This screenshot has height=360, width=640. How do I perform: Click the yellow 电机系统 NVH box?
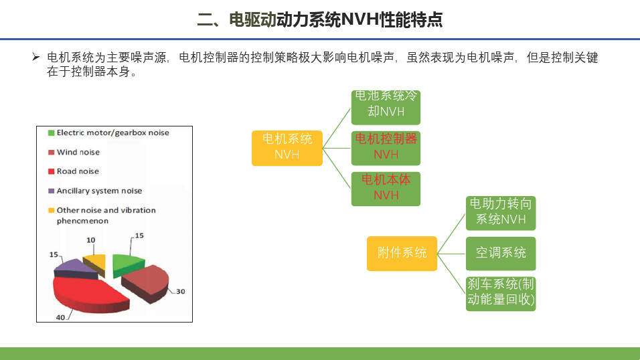coord(287,148)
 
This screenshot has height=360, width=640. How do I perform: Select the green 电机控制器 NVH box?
coord(386,148)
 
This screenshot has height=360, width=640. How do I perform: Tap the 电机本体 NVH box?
coord(386,189)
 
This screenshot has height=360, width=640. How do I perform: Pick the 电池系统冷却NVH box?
coord(386,107)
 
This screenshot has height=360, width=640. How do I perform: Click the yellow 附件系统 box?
coord(402,254)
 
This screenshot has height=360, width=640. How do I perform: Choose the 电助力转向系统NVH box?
coord(501,213)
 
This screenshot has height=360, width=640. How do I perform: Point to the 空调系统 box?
coord(501,254)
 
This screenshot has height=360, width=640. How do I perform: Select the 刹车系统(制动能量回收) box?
coord(501,294)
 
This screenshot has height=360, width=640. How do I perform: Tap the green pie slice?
coord(127,264)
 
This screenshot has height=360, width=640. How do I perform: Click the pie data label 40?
coord(60,317)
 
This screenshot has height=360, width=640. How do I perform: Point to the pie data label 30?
coord(180,292)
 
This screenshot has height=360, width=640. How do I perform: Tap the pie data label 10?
coord(90,240)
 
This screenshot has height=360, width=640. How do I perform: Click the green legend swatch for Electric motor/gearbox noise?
coord(52,132)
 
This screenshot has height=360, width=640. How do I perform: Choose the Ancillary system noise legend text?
coord(99,191)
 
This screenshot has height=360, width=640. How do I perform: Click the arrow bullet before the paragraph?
coord(36,57)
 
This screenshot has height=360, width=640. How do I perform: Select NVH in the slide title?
coord(359,19)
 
